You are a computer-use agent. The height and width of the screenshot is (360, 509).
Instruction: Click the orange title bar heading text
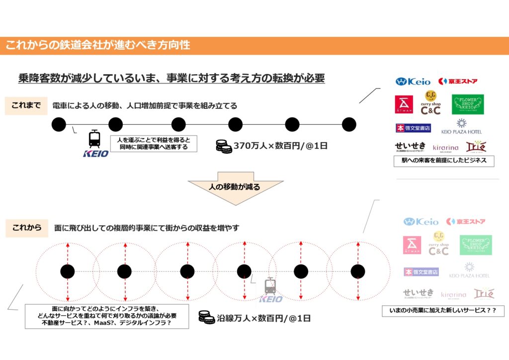coord(98,45)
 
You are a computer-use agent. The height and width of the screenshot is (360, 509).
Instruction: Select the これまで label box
coord(26,106)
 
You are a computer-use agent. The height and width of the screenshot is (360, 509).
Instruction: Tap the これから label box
coord(26,228)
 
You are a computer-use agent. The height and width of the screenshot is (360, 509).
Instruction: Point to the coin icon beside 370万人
coord(224,146)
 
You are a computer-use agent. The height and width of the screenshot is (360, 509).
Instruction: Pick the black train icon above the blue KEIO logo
coord(94,139)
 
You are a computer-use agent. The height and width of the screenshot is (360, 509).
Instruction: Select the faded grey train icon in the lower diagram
coord(270,285)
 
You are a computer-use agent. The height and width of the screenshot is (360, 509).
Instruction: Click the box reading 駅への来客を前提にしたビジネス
coord(440,161)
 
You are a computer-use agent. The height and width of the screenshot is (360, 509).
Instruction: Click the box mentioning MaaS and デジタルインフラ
coord(107,317)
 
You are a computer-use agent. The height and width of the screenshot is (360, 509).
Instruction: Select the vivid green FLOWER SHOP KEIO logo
coord(467,104)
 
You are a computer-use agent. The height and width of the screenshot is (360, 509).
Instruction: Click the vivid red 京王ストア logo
coord(458,81)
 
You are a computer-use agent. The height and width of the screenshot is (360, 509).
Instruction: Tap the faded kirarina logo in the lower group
coord(453,295)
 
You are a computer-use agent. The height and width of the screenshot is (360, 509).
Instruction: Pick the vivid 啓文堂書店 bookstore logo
coord(413,128)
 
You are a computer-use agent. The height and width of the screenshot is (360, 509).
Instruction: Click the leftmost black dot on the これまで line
coord(59,124)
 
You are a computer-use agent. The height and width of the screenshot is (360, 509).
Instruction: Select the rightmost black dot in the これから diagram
coord(358,271)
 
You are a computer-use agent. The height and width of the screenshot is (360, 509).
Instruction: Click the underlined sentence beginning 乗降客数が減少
coord(171,78)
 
